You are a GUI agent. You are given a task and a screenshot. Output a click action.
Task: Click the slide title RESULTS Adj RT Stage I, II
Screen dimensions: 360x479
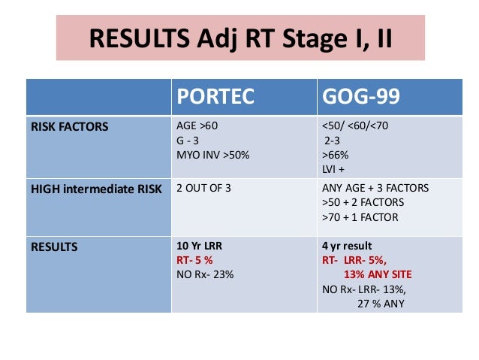tap(239, 38)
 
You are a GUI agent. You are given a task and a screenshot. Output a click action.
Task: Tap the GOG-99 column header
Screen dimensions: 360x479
tap(360, 97)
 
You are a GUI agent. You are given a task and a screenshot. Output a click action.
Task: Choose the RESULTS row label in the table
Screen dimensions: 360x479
tap(55, 246)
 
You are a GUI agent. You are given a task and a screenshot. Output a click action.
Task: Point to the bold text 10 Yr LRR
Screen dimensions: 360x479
tap(199, 246)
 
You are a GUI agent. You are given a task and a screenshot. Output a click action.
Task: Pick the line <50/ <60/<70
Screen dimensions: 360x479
tap(354, 127)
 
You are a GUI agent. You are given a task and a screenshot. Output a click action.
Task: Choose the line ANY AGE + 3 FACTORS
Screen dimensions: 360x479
tap(375, 189)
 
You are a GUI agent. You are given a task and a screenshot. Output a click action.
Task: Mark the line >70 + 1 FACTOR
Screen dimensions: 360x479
tap(359, 217)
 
